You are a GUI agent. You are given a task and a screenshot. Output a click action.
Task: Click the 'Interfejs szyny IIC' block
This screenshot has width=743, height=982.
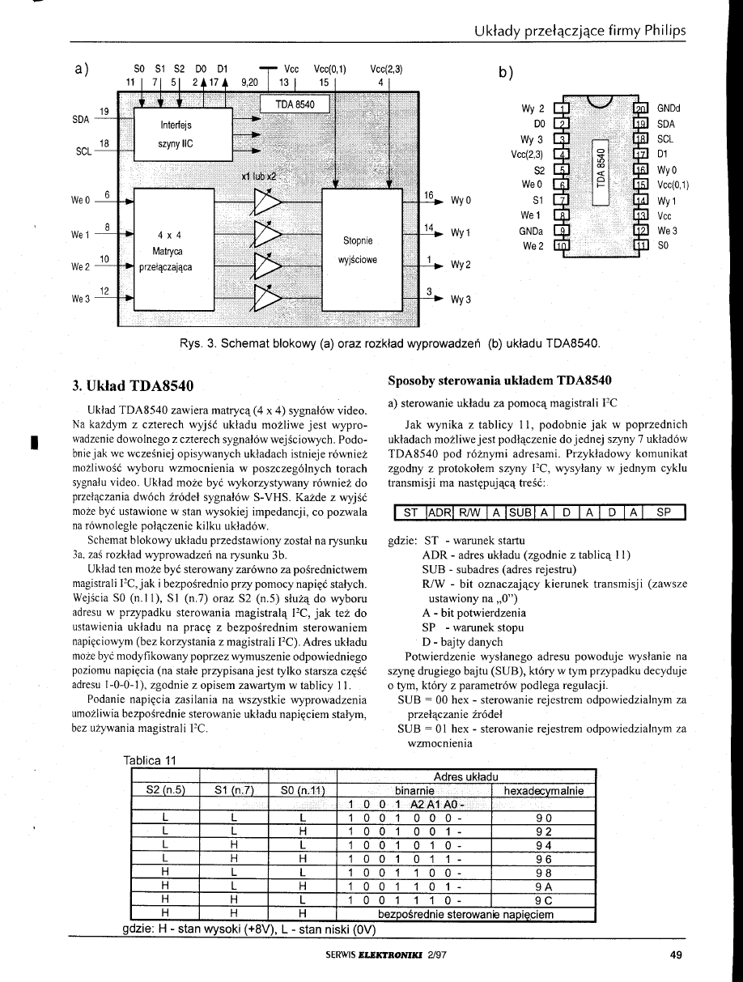(183, 134)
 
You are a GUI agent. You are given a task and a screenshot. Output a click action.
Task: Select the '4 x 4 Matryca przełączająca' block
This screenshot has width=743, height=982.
(174, 249)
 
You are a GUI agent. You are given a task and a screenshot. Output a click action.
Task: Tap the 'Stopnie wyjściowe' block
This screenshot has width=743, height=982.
(363, 249)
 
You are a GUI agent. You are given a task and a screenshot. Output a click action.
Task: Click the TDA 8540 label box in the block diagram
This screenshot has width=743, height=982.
(295, 104)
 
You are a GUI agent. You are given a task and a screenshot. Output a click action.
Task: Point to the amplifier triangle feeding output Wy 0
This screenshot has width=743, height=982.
(268, 202)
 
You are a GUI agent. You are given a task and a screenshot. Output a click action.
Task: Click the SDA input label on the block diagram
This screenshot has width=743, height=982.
(80, 120)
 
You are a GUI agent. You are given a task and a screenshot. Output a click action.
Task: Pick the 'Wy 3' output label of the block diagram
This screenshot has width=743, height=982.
(461, 300)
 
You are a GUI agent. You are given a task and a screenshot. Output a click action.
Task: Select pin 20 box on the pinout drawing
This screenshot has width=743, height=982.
(642, 108)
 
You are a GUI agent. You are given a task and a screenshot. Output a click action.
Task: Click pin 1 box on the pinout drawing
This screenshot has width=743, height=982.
(562, 108)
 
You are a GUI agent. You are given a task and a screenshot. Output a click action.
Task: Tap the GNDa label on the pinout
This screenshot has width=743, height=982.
(531, 232)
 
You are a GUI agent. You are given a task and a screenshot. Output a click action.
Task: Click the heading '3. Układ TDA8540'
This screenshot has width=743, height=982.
(133, 385)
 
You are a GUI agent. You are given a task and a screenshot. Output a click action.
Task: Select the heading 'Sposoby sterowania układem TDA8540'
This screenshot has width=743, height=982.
(499, 380)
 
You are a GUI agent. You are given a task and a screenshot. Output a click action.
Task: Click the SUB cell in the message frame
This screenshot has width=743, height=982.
(520, 512)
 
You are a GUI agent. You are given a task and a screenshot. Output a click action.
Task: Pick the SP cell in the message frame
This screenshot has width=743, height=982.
(664, 512)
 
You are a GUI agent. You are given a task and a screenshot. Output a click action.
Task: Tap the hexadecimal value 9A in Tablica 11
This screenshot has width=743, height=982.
(544, 886)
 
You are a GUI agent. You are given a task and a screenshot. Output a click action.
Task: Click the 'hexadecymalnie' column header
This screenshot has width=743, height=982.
(544, 790)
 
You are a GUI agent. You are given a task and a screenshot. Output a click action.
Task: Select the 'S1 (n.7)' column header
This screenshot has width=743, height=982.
(234, 790)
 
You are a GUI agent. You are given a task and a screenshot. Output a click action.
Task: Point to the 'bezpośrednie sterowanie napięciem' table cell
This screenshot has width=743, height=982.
(465, 915)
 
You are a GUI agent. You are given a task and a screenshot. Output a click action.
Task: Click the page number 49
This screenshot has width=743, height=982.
(676, 954)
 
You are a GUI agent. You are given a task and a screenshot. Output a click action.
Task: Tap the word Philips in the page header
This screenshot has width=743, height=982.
(664, 31)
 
